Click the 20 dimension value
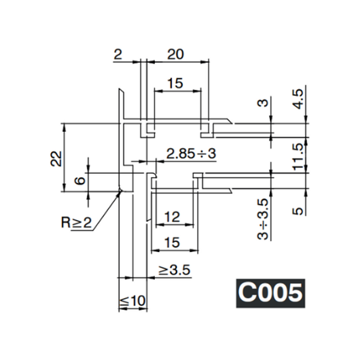[175, 54]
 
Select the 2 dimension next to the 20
[118, 54]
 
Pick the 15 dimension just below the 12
[172, 242]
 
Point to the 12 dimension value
[172, 218]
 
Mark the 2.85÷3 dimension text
[191, 154]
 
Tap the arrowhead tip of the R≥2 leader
[120, 191]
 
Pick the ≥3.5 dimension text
[174, 271]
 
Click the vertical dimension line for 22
[64, 158]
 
